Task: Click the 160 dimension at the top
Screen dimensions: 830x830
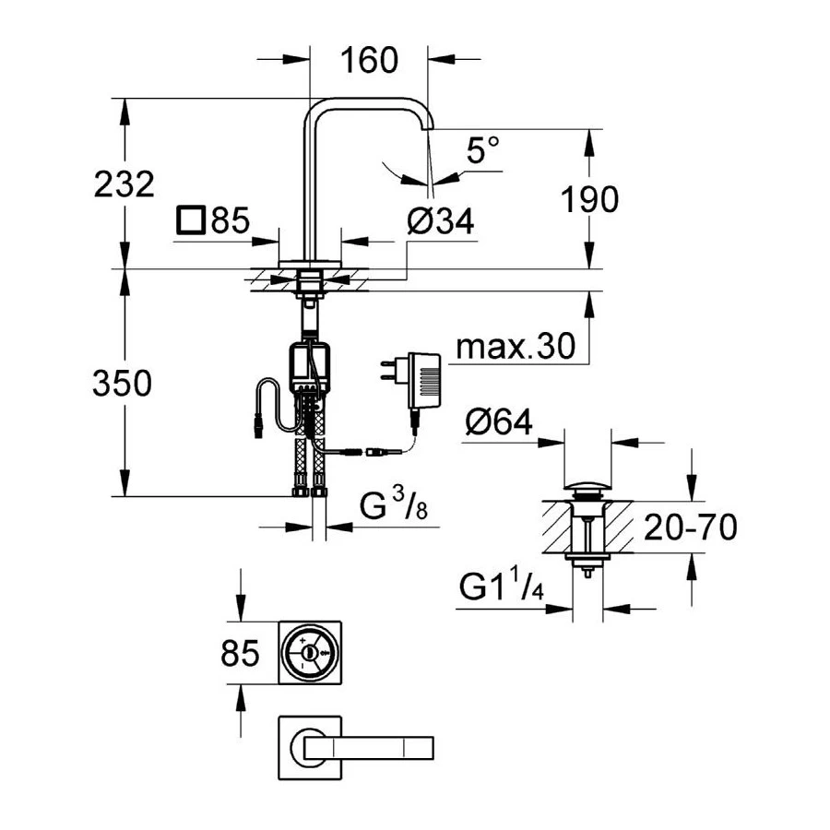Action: tap(369, 60)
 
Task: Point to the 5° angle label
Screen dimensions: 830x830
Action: tap(482, 148)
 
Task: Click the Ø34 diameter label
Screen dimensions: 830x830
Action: tap(440, 221)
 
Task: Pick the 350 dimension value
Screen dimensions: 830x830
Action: tap(121, 384)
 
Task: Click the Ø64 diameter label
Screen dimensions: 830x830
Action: tap(499, 422)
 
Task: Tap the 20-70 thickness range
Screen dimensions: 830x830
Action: tap(690, 528)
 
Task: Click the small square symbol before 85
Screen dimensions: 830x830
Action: tap(191, 221)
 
